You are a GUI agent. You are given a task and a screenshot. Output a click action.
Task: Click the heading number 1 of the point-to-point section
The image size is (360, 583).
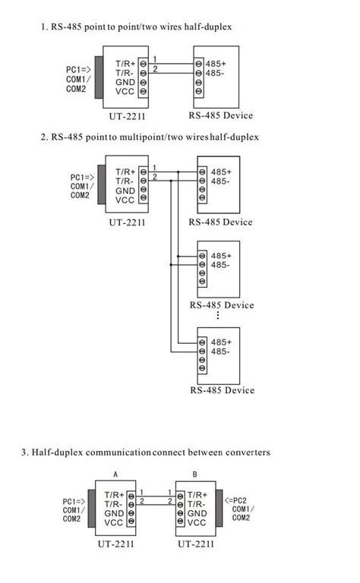coord(44,27)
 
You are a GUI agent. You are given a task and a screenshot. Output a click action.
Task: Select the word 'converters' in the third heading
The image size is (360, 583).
coord(245,452)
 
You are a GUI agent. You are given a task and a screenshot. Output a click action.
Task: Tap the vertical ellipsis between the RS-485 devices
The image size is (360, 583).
coord(218,315)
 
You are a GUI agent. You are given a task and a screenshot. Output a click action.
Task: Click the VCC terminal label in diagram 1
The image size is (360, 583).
coord(125,92)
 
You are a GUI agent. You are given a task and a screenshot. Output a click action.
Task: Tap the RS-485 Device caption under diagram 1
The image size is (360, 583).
coord(220,115)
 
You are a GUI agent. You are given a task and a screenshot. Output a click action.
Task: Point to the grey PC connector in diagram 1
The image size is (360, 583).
coord(98,77)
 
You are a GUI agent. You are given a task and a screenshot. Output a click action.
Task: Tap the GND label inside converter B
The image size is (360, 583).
coord(197,512)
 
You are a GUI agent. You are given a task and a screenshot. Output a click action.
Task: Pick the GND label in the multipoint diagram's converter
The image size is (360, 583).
coord(126,191)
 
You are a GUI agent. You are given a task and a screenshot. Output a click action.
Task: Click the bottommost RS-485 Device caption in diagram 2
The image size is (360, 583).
coord(221,390)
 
